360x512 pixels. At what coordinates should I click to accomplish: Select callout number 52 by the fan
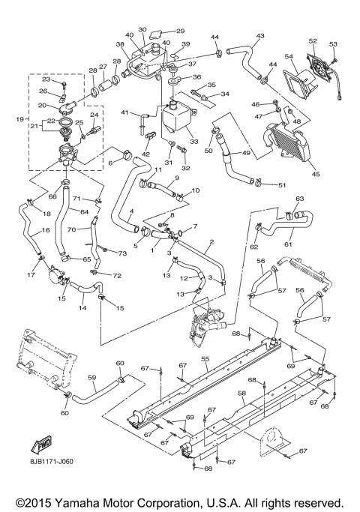tap(313, 41)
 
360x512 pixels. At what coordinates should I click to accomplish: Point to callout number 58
tap(242, 392)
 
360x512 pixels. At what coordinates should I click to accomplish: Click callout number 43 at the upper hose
tap(260, 36)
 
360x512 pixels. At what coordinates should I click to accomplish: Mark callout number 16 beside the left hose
tap(25, 232)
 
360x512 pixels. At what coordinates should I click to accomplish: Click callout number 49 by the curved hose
tap(245, 154)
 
